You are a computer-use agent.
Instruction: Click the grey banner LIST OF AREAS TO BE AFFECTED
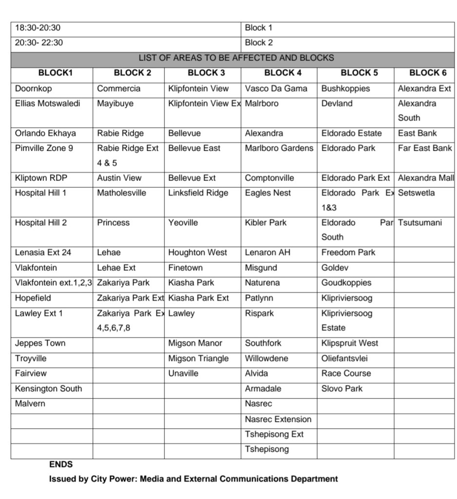point(236,58)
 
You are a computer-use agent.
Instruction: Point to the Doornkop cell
point(33,89)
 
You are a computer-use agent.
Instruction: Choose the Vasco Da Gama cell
point(276,89)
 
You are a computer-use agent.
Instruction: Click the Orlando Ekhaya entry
point(45,133)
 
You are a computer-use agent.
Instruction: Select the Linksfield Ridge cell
point(198,193)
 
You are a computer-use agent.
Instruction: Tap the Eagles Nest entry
point(268,193)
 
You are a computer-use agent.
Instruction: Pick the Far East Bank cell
point(425,148)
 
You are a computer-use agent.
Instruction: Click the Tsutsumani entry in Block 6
point(419,223)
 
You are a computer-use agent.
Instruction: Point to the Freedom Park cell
point(348,253)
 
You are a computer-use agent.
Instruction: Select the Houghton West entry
point(198,253)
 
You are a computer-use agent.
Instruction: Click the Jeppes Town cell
point(40,343)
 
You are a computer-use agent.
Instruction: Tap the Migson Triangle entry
point(198,359)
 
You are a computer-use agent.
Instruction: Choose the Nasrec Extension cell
point(278,419)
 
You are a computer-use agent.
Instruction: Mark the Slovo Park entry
point(342,389)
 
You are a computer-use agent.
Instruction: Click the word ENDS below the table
point(61,464)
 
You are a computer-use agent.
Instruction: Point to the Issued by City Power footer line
point(193,479)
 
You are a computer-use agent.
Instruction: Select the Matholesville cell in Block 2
point(121,193)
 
